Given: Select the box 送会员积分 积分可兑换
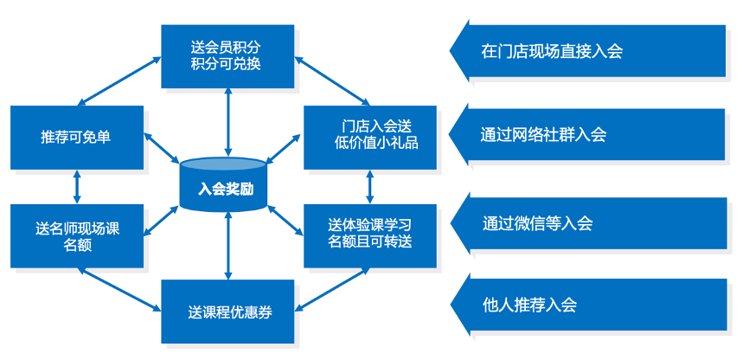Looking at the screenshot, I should pos(227,56).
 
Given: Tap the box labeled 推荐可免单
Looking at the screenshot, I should pos(76,137).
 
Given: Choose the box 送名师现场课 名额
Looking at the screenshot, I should pos(76,236).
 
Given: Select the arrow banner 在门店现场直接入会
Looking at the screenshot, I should pos(588,50).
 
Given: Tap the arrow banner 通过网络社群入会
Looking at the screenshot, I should pos(588,134).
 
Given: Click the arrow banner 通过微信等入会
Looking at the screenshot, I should pos(588,222).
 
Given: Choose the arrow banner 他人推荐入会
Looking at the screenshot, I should pos(588,305).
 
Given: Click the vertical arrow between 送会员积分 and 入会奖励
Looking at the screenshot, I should pos(227,121).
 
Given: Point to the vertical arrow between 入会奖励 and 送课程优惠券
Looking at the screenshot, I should pos(227,246).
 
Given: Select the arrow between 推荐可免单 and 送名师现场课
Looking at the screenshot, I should pos(77,186).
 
